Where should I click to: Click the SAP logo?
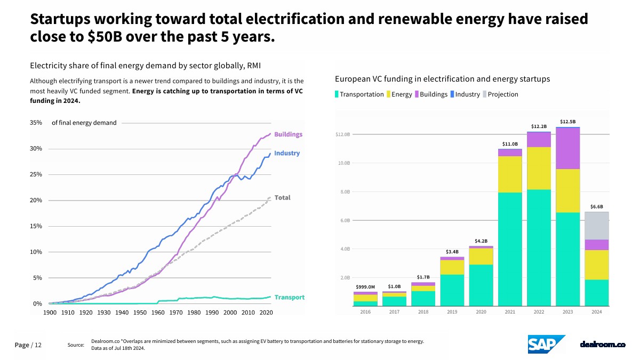point(546,344)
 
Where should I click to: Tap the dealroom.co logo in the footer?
point(602,345)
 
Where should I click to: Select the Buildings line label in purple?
point(288,134)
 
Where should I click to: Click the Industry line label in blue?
point(287,154)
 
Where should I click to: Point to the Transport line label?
point(290,298)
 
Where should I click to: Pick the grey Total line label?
point(282,197)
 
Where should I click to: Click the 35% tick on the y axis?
point(36,123)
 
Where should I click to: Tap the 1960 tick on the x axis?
point(158,313)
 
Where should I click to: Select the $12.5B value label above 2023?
point(567,122)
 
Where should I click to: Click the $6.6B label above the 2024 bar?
point(596,206)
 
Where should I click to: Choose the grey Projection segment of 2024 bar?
point(596,226)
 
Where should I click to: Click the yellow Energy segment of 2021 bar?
point(510,174)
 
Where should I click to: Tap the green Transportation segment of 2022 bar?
point(539,247)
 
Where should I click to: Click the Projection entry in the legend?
point(502,94)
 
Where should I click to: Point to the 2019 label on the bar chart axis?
point(452,312)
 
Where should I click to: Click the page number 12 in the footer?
point(38,345)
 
